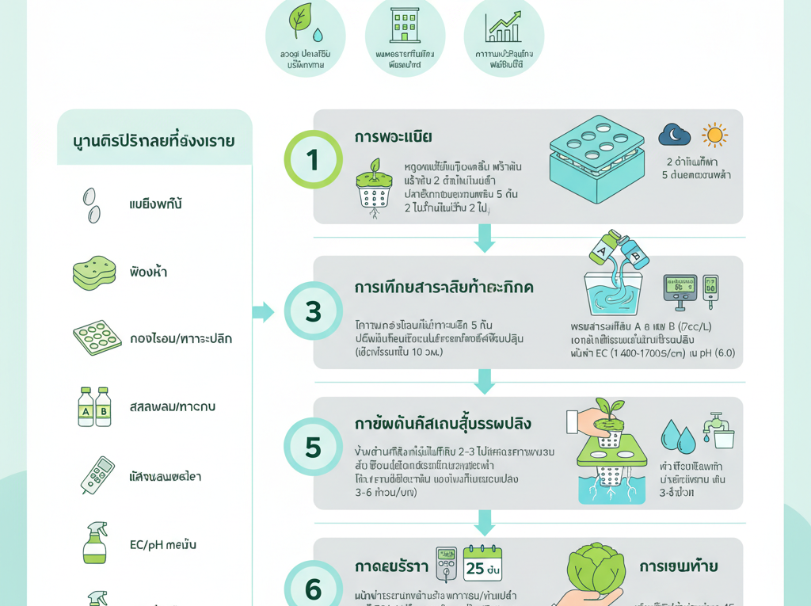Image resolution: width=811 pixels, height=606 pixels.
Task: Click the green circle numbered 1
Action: coord(313,159)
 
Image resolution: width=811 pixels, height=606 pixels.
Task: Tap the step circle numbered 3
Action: coord(313,311)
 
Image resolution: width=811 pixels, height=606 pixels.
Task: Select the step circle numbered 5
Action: coord(313,448)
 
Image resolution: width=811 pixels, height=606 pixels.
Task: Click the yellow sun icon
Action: coord(714,135)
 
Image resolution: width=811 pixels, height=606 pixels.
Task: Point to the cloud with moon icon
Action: coord(674,135)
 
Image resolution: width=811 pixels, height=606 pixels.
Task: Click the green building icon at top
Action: coord(405,25)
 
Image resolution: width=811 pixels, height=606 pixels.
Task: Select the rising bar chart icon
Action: coord(504,26)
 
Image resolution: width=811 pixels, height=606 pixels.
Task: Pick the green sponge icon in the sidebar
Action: coord(94,272)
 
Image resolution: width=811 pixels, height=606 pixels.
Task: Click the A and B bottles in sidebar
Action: coord(94,406)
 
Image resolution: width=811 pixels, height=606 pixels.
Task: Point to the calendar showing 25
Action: coord(482,563)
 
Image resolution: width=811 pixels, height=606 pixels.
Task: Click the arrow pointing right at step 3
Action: coord(262,311)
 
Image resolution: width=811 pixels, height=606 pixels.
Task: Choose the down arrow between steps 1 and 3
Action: coord(484,238)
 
